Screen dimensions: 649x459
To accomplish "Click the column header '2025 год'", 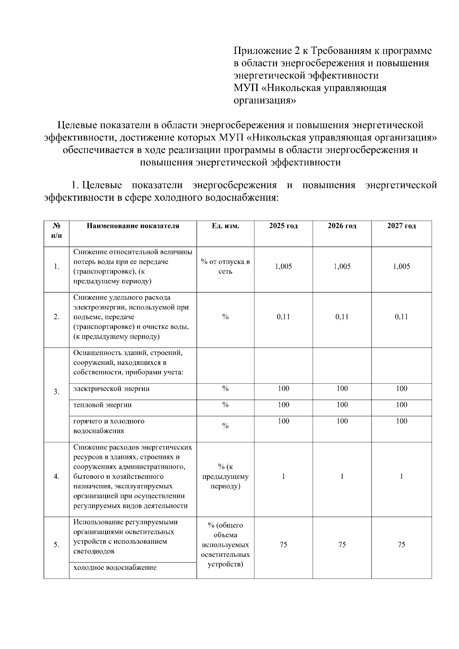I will [x=283, y=226].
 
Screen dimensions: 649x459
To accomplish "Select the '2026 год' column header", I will [x=342, y=226].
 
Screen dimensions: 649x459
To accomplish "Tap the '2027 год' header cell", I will [x=401, y=226].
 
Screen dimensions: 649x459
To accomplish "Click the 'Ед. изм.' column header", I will [x=225, y=226].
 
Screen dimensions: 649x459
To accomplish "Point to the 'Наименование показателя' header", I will [x=133, y=226].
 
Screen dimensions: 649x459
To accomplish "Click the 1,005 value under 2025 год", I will [x=283, y=267].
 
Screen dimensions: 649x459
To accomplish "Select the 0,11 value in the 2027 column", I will [x=401, y=317].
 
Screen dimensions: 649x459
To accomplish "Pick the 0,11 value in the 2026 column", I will [x=342, y=317].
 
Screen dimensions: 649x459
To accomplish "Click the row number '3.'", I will [x=56, y=392].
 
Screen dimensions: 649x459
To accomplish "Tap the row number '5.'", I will [x=56, y=545].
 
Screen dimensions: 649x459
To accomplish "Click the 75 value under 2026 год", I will [x=342, y=545].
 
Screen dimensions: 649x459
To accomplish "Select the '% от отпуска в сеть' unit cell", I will [x=225, y=267].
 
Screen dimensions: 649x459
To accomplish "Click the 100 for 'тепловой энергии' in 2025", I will [x=283, y=405].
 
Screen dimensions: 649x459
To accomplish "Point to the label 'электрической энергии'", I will [x=111, y=389].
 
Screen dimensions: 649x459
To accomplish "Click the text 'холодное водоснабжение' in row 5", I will [x=115, y=568].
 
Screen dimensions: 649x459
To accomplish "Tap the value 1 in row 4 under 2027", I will [x=401, y=477].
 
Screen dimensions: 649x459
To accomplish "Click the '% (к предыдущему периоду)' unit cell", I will [x=225, y=477].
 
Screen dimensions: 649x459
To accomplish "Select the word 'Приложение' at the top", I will [x=259, y=51].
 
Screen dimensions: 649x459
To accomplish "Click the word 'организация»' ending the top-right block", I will [x=264, y=101].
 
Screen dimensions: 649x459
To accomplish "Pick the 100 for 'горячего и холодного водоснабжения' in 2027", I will [x=401, y=421].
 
